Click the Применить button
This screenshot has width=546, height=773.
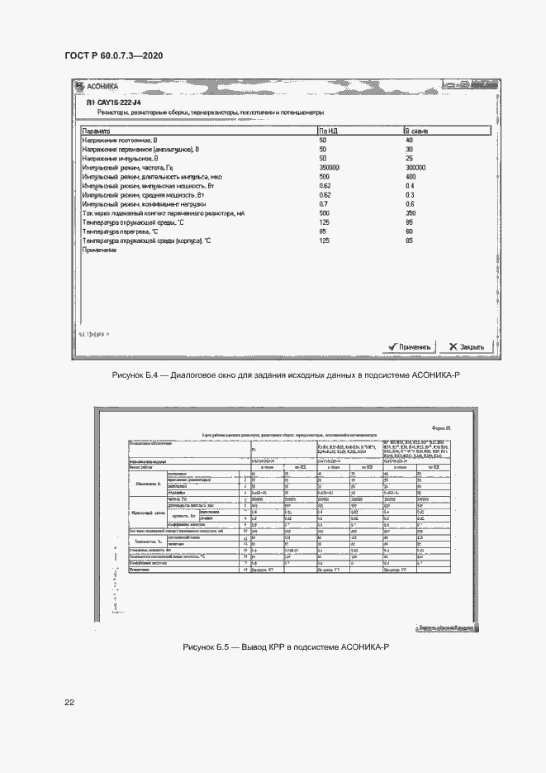[410, 346]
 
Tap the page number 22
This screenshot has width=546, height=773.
[69, 703]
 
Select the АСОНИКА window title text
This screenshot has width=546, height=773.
[102, 86]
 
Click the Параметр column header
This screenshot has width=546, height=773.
[97, 131]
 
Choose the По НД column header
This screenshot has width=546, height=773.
[328, 131]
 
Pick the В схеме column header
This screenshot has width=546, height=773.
[415, 131]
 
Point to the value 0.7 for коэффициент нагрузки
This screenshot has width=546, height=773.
[324, 203]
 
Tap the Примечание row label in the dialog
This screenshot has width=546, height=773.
[99, 250]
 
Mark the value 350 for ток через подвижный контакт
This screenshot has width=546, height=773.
[411, 213]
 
